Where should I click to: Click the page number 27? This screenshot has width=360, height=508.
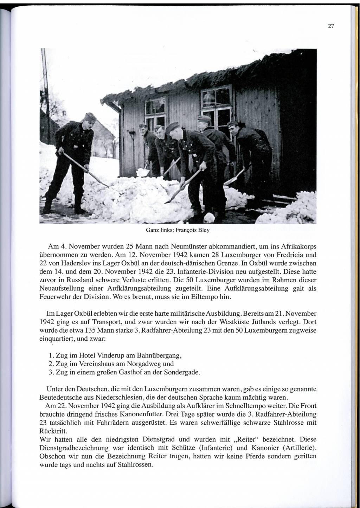[x=330, y=26]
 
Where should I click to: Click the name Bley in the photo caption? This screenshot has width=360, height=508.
[x=203, y=230]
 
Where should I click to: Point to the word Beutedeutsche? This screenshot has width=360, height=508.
[x=57, y=398]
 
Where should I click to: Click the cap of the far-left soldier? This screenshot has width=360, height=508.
[x=91, y=117]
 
